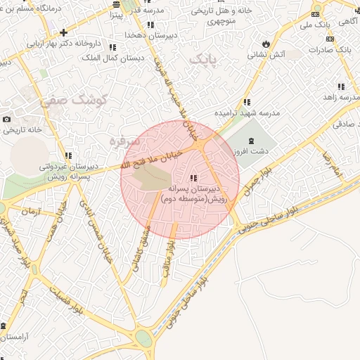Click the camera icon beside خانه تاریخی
[x=7, y=120]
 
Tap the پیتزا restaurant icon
[x=115, y=14]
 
